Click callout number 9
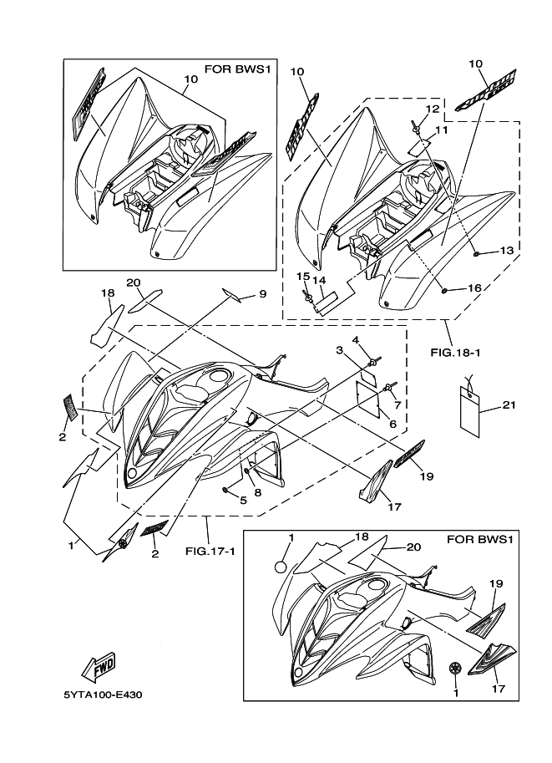[261, 293]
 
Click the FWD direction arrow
[98, 668]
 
